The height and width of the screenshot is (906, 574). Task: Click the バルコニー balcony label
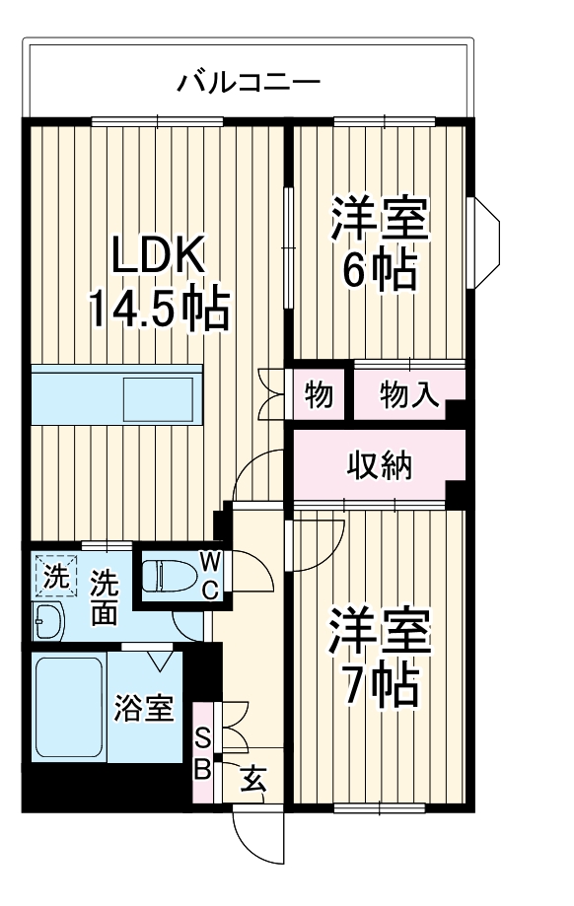click(249, 81)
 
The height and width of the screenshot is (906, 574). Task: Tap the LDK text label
click(158, 257)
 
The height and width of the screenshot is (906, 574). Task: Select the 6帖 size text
click(380, 271)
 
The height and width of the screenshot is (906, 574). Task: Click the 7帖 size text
click(380, 679)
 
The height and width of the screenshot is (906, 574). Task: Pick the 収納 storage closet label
click(379, 464)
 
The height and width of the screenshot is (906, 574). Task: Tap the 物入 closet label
click(408, 395)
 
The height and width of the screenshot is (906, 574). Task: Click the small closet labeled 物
click(318, 395)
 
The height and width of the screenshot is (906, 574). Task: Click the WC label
click(211, 576)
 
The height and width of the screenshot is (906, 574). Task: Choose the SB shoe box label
click(201, 754)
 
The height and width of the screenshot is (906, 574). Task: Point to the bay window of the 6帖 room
click(485, 242)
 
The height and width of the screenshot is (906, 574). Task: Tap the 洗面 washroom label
click(103, 597)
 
